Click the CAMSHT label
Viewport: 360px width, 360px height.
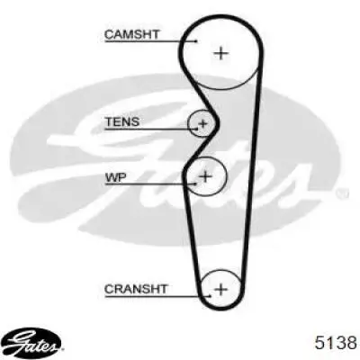131,34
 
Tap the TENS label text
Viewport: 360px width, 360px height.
122,121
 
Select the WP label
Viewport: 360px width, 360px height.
115,177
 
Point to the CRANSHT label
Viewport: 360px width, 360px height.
136,289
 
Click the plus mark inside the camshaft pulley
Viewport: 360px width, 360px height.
221,54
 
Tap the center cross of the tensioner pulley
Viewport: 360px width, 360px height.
203,123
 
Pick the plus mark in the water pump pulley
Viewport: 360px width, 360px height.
205,176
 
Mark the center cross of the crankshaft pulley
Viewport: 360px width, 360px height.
221,290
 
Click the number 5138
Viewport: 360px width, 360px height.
336,343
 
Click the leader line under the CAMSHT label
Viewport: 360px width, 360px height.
151,41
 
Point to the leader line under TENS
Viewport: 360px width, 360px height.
151,130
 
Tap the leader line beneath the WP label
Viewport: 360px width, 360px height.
150,184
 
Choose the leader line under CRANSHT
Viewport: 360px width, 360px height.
157,297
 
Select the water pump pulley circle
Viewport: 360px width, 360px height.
227,176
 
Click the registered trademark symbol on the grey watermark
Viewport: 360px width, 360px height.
342,193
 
